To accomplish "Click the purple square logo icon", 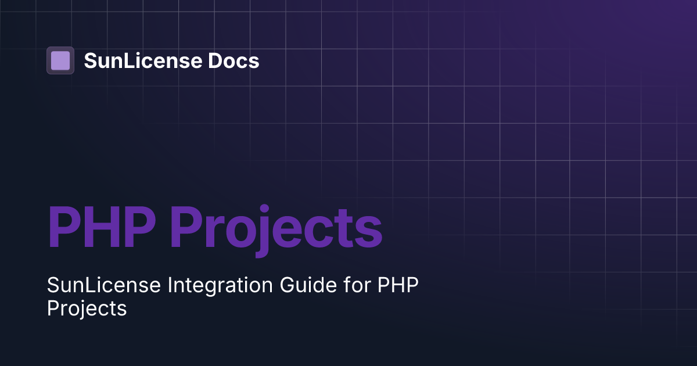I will click(x=60, y=60).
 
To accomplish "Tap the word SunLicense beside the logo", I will click(x=135, y=60).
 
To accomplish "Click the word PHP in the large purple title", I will click(x=102, y=227).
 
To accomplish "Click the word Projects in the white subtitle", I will click(x=87, y=308).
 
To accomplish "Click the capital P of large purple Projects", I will click(x=188, y=227).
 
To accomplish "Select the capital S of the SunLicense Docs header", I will click(x=91, y=60).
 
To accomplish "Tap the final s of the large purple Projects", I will click(x=368, y=232).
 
